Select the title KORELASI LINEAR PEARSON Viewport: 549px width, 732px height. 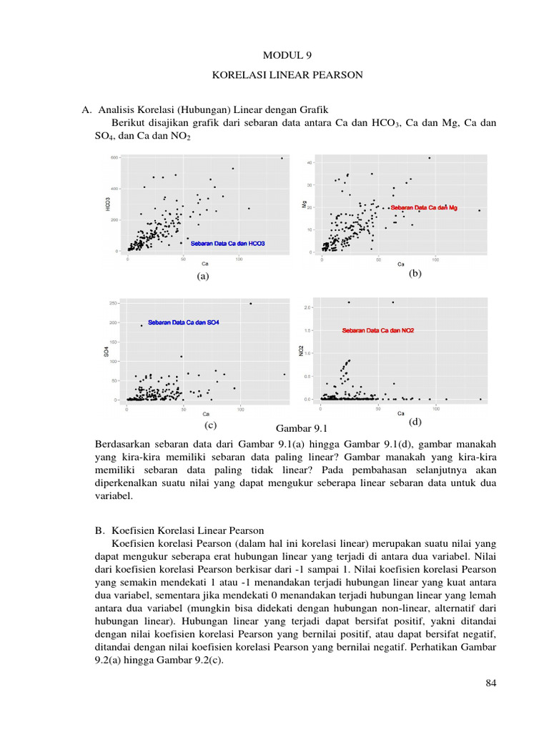click(x=287, y=75)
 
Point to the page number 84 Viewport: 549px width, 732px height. click(x=490, y=683)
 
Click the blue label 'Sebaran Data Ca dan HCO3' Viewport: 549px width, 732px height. click(x=227, y=244)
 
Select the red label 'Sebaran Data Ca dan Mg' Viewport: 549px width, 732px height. click(x=423, y=207)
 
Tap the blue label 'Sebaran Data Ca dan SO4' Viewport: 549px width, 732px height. click(x=184, y=323)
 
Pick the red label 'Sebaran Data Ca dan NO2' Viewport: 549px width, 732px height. click(x=378, y=331)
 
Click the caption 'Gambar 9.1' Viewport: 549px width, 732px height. click(x=300, y=429)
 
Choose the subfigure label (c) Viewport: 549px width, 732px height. click(x=209, y=425)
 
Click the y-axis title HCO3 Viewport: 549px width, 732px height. click(x=107, y=204)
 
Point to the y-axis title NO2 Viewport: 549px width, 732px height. click(x=301, y=350)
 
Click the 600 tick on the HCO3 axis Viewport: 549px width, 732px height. click(x=114, y=157)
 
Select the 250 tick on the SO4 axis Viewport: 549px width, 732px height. click(x=114, y=303)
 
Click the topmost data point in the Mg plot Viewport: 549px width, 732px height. click(x=429, y=158)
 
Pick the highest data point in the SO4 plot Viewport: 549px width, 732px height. click(x=250, y=304)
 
